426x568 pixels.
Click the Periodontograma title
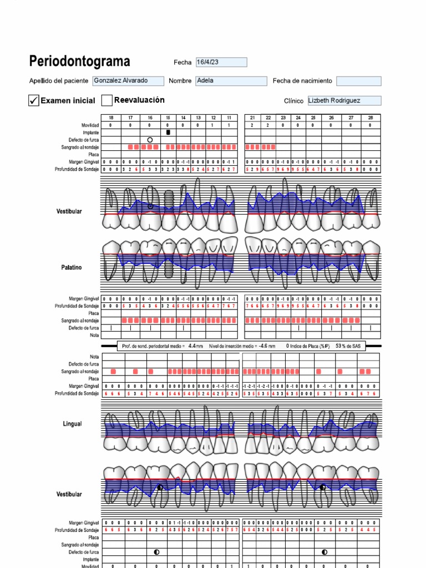(80, 61)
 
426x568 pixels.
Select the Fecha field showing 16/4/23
(221, 63)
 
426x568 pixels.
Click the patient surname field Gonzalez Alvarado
(128, 81)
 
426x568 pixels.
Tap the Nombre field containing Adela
(231, 81)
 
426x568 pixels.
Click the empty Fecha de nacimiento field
(358, 81)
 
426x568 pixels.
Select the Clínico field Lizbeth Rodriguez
(344, 101)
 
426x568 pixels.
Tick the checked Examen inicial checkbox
(34, 100)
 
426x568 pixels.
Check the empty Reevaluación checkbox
(106, 100)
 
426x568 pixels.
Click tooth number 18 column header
(111, 118)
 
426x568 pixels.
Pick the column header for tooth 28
(370, 118)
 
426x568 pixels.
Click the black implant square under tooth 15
(168, 133)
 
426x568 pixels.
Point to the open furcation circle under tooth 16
(150, 140)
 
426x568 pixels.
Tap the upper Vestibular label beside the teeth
(69, 211)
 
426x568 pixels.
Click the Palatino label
(71, 267)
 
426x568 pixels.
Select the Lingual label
(72, 424)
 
